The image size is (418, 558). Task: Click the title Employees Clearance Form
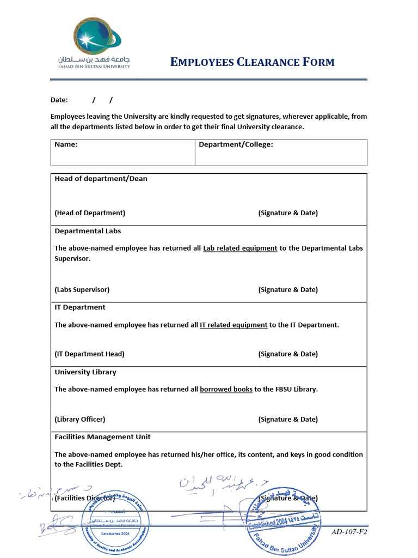coord(252,62)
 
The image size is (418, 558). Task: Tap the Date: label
coord(59,100)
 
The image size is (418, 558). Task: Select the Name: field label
coord(66,145)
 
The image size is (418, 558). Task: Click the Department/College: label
coord(236,145)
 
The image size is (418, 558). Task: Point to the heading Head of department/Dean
coord(101,179)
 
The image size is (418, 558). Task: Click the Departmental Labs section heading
coord(88,231)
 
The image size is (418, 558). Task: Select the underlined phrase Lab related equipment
coord(240,248)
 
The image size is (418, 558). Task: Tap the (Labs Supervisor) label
coord(82,290)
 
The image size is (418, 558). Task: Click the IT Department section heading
coord(80,307)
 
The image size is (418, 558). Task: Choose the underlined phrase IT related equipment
coord(233,325)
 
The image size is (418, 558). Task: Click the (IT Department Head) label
coord(89,354)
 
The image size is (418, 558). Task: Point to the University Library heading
coord(85,372)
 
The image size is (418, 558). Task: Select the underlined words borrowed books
coord(226,390)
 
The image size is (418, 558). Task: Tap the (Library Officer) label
coord(79,420)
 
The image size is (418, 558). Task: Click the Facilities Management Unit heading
coord(102,437)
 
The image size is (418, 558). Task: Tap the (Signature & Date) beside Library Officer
coord(288,420)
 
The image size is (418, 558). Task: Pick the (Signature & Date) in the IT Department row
coord(288,354)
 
